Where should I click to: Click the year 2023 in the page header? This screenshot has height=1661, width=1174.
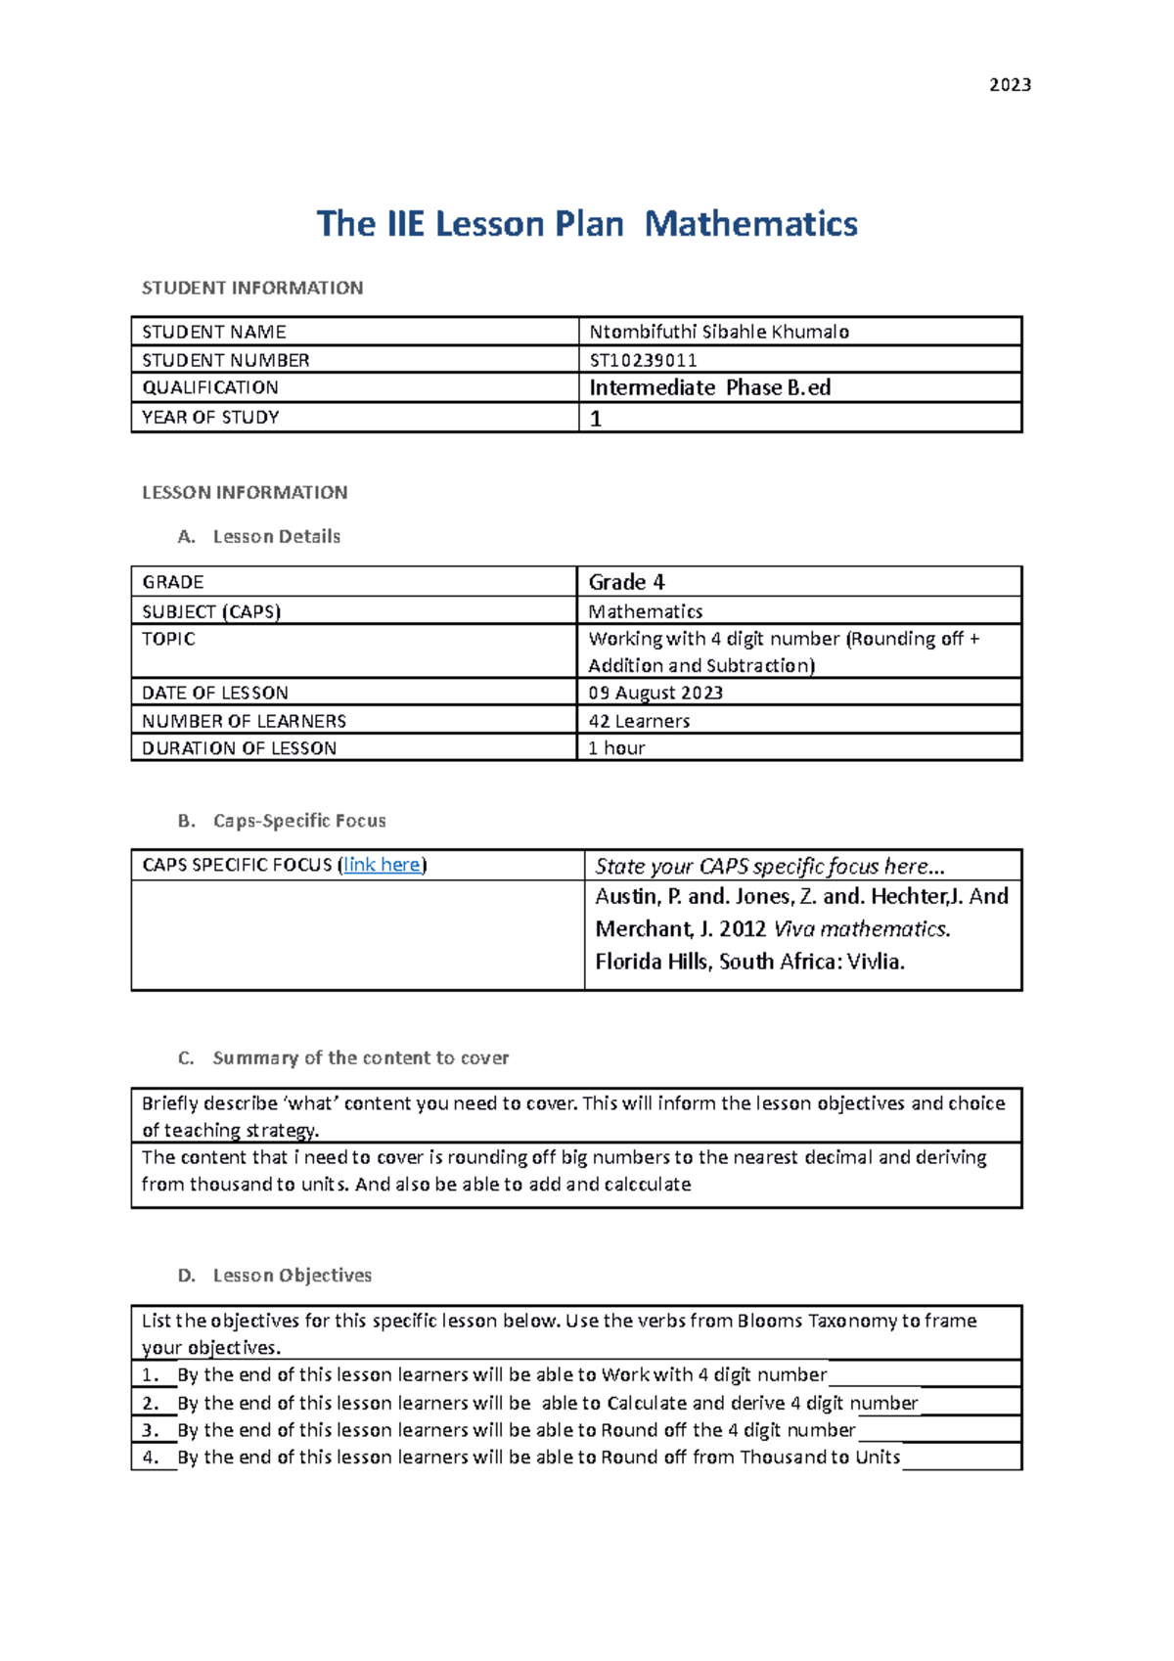[1010, 85]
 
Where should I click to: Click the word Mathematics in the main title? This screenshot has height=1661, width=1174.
[750, 224]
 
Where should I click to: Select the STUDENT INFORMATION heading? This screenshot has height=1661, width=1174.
[252, 288]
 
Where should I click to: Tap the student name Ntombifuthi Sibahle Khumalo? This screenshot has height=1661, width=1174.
[719, 332]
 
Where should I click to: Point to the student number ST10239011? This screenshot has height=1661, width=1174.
[643, 360]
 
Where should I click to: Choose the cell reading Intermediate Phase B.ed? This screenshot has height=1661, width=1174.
[709, 387]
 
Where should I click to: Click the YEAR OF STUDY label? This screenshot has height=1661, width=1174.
[210, 417]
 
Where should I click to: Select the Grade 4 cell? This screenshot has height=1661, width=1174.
[626, 582]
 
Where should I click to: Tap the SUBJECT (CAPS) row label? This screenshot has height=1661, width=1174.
[211, 611]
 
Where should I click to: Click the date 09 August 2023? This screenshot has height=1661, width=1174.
[655, 693]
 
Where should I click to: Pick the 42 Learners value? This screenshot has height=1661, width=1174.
[639, 721]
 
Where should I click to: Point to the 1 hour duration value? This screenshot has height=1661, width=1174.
[616, 748]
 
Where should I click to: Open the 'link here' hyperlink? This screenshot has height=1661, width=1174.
[382, 865]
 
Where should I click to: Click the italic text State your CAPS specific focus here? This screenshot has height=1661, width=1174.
[769, 867]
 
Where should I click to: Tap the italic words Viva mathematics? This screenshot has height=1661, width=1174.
[861, 928]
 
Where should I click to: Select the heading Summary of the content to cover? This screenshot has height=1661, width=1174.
[360, 1057]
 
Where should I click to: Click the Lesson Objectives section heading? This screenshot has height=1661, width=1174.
[292, 1276]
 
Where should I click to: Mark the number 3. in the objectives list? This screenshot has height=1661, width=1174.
[150, 1430]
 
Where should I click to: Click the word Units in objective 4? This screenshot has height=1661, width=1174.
[877, 1458]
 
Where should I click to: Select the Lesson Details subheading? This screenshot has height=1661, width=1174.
[276, 536]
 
